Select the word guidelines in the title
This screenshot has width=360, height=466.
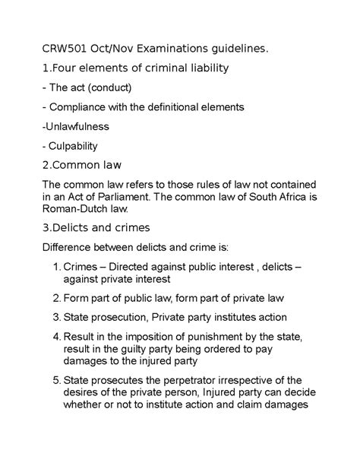click(235, 49)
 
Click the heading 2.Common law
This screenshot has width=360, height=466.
click(81, 164)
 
